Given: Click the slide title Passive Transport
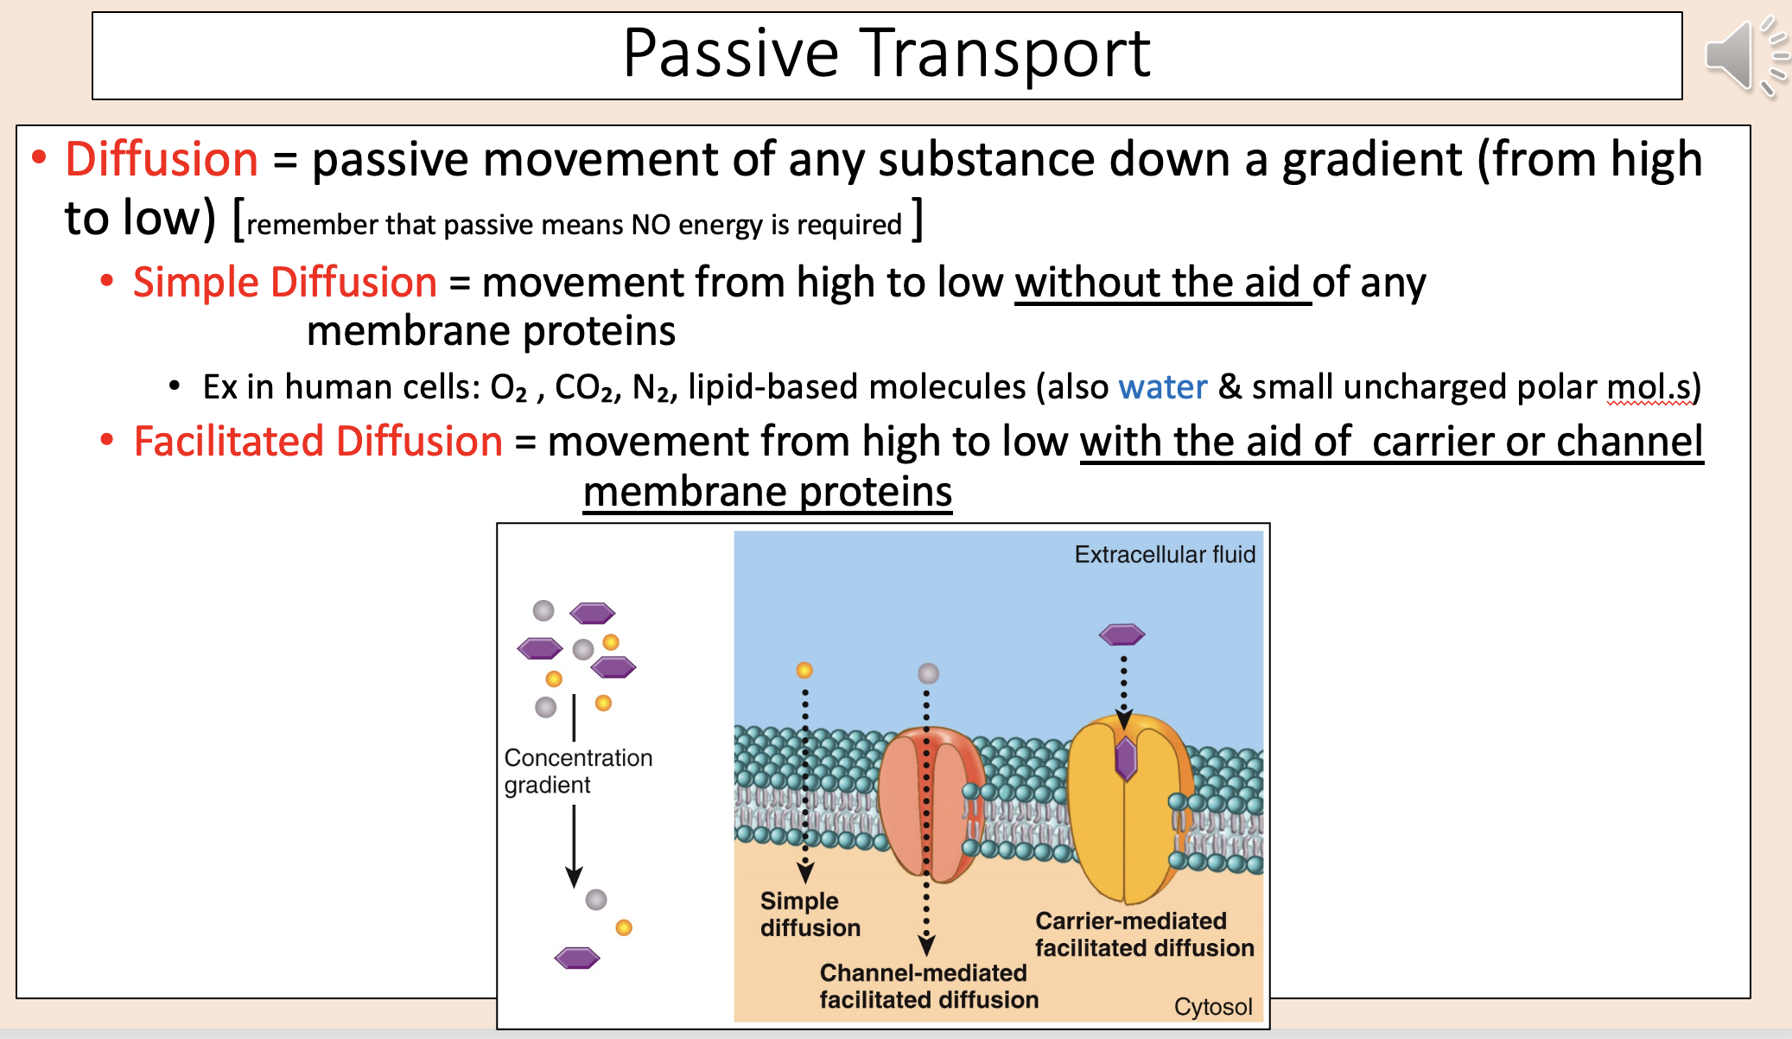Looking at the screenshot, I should [x=886, y=54].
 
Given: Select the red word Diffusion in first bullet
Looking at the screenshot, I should [x=162, y=160].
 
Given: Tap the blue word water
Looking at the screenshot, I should [x=1162, y=387].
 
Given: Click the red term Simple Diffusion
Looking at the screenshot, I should [x=284, y=283].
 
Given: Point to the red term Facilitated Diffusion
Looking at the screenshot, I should [x=318, y=442].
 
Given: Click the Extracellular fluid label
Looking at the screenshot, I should [x=1164, y=554].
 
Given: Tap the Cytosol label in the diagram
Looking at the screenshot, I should [x=1212, y=1006].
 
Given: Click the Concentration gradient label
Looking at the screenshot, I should [x=577, y=771].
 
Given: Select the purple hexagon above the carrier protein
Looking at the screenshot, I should [x=1122, y=635].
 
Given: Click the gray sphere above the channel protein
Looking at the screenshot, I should [x=928, y=673].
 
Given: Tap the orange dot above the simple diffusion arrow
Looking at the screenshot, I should [x=804, y=671].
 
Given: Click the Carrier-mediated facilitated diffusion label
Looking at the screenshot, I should [x=1143, y=934].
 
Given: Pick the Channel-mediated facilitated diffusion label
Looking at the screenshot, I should [x=928, y=986].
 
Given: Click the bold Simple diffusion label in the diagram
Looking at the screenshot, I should [x=809, y=915].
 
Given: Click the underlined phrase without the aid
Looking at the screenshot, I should [x=1161, y=283].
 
